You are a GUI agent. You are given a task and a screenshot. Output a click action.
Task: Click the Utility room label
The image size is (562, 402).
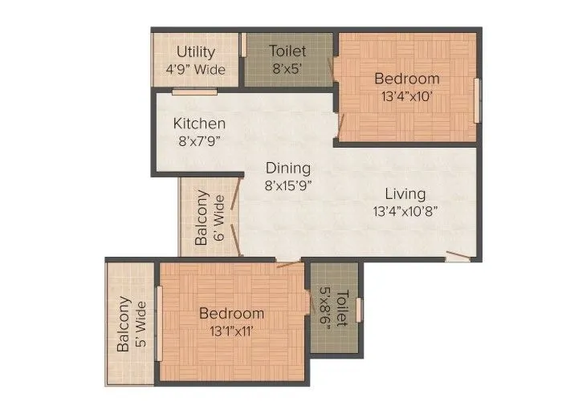pos(195,53)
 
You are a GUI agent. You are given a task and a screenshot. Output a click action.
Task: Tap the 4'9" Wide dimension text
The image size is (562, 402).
pos(195,69)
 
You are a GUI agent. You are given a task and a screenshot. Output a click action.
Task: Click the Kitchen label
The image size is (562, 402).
pos(200,124)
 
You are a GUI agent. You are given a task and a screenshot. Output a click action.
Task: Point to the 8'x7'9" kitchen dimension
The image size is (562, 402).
pos(200,141)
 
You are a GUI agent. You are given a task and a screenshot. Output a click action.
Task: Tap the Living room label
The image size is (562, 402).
pos(405,194)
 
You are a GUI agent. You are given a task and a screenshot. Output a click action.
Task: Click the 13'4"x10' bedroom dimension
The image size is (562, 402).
pos(407,95)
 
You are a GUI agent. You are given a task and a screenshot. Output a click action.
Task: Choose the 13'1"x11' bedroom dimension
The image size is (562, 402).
pos(232,330)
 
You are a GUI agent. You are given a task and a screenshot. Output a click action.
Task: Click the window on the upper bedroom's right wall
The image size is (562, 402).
pos(478,99)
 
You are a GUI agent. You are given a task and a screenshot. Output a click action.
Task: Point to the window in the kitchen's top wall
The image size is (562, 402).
pos(194,91)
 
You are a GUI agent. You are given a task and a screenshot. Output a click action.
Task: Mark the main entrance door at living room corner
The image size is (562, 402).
pos(458,257)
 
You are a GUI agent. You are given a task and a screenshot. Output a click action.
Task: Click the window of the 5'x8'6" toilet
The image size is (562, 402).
pos(360,308)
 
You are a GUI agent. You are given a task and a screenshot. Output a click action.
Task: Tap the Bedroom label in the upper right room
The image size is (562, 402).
pos(407,79)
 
